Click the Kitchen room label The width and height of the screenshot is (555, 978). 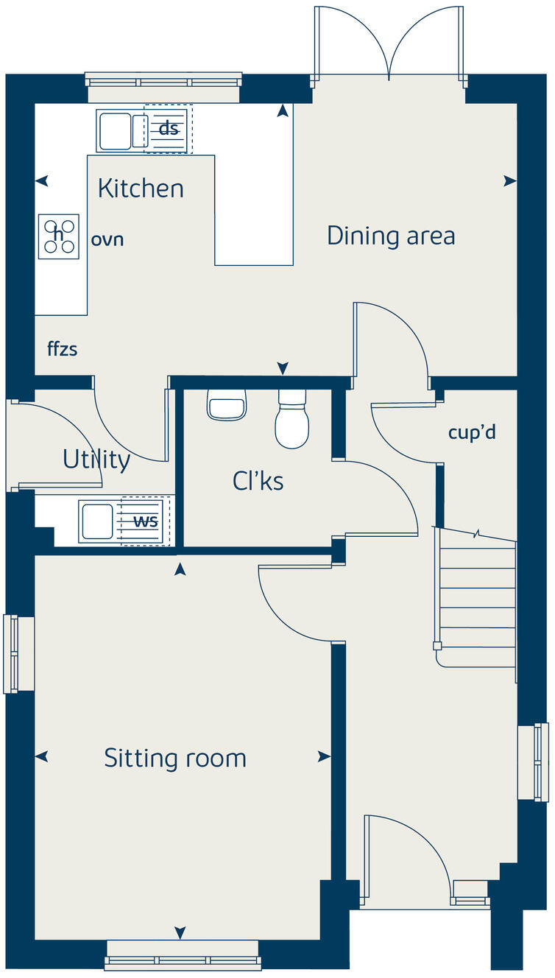point(141,189)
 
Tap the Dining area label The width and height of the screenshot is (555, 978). point(391,236)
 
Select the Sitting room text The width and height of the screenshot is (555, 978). point(175,759)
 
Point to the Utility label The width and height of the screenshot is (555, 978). point(96,460)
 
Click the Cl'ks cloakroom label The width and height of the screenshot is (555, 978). point(258,481)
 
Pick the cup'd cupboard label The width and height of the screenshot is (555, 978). point(472,433)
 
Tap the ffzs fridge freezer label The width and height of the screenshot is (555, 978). point(63,349)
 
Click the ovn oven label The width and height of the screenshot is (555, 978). point(107,239)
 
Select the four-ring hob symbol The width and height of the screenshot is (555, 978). point(58,236)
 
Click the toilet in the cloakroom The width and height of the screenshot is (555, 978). point(292,418)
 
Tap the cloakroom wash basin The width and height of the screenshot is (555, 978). point(227,405)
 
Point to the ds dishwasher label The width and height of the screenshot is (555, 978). point(169,128)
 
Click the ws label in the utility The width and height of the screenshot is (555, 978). point(146,521)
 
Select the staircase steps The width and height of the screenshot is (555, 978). point(477,598)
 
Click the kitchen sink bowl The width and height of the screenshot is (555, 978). point(115,131)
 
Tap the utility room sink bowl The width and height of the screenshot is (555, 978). point(97,521)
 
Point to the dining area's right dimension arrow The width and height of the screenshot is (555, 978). point(510,180)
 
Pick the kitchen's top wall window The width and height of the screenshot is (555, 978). point(163,87)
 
